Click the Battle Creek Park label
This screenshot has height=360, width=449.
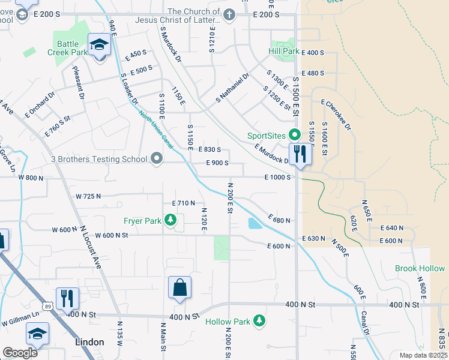68,48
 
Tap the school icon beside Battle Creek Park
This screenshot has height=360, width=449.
99,46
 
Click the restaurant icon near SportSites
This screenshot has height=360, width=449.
300,154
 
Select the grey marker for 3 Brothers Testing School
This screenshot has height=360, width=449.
157,159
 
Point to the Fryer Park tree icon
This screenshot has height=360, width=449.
171,221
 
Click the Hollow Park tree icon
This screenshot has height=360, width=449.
259,322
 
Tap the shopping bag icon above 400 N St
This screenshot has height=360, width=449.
180,289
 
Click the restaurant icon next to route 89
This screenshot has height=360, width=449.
67,298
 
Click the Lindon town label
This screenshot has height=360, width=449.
89,342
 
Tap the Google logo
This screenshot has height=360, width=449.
20,353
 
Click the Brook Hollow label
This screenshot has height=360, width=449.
420,268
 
